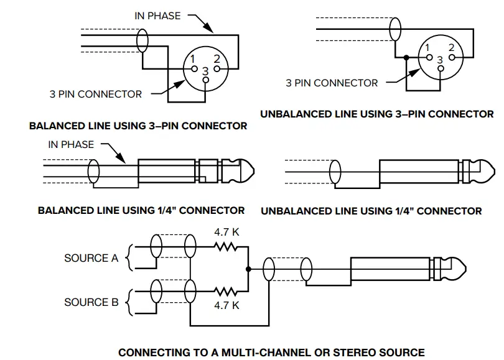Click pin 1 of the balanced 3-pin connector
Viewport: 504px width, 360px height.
click(x=195, y=67)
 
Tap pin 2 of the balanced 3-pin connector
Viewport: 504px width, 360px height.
click(x=217, y=67)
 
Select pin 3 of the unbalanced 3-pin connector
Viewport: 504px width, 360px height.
click(x=440, y=68)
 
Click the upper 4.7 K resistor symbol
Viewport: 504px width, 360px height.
click(x=227, y=247)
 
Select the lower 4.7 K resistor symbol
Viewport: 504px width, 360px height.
click(x=227, y=290)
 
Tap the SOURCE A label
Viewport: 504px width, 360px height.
click(x=91, y=258)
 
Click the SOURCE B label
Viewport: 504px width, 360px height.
click(x=91, y=302)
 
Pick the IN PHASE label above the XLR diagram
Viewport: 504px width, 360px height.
click(x=158, y=16)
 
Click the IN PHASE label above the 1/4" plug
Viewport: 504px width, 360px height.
click(x=71, y=145)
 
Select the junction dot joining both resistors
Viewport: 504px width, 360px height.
click(x=249, y=269)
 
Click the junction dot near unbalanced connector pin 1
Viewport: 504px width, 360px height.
click(x=406, y=58)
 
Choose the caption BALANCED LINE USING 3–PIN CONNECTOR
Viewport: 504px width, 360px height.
click(x=138, y=126)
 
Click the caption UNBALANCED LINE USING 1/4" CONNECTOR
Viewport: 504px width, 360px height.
click(x=371, y=211)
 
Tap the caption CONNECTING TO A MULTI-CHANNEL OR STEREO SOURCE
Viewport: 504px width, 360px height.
click(x=271, y=353)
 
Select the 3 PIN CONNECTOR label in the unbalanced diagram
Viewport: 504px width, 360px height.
click(x=331, y=83)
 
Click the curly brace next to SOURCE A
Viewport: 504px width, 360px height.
click(x=129, y=257)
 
